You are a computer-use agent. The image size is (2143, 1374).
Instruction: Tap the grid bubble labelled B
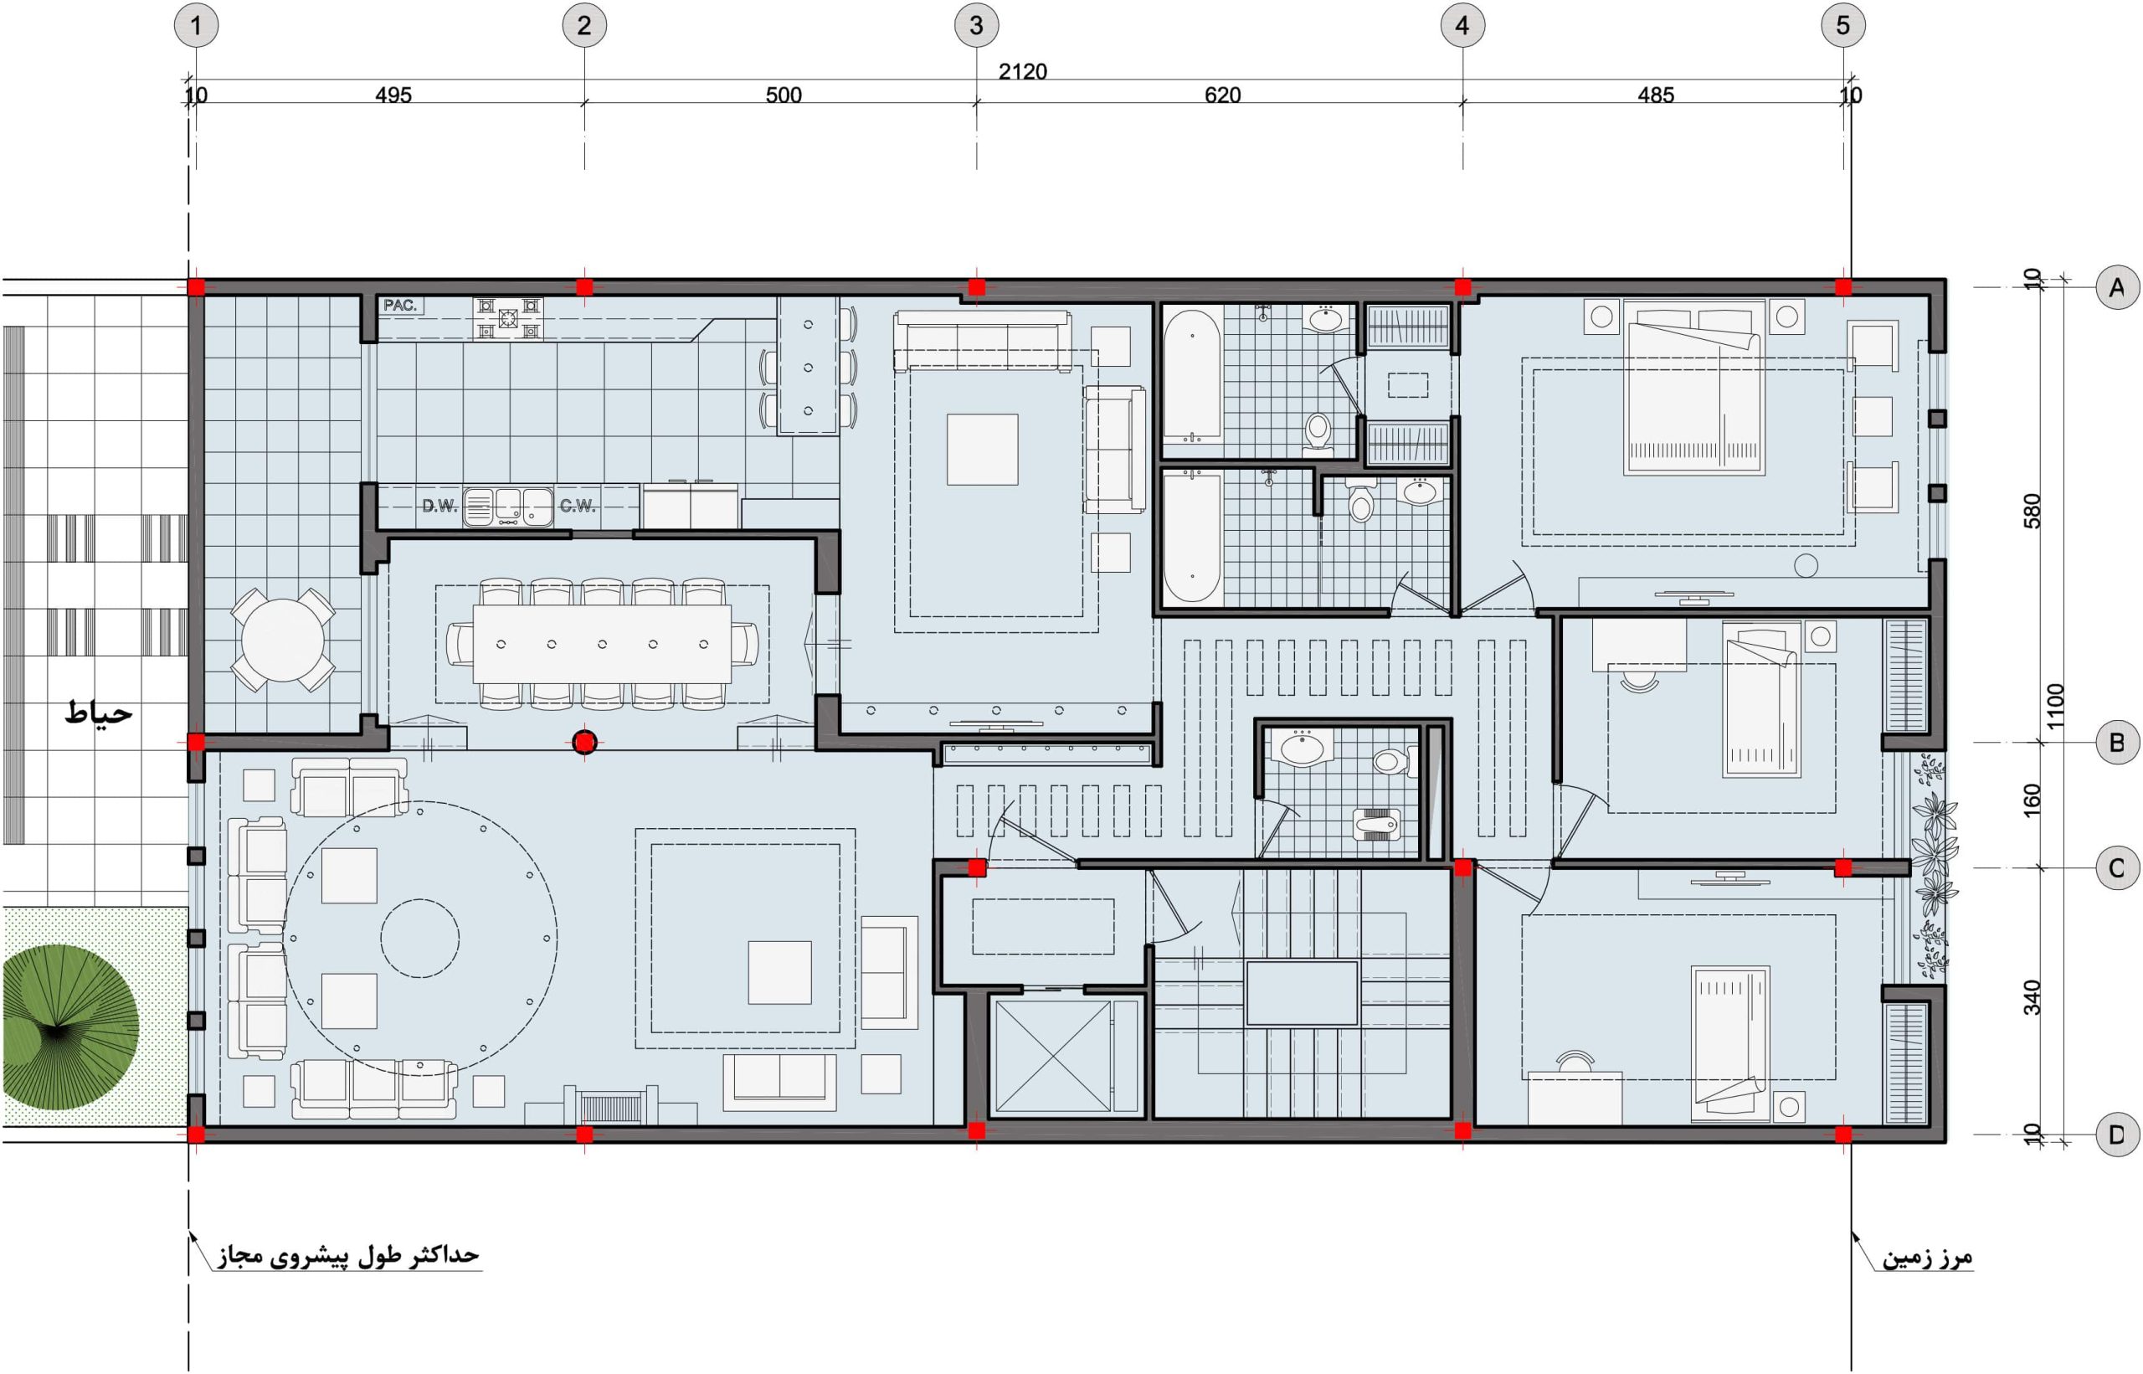click(2116, 743)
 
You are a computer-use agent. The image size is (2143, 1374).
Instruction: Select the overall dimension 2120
click(1022, 71)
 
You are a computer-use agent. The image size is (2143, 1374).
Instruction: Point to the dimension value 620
click(1222, 95)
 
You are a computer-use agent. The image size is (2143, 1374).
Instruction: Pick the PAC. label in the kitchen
click(400, 305)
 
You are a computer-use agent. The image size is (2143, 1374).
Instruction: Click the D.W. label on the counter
click(439, 506)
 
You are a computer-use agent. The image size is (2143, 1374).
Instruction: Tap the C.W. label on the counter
click(577, 506)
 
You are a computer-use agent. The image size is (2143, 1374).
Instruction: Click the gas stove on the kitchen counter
click(507, 317)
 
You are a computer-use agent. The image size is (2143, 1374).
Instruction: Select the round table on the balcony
click(283, 640)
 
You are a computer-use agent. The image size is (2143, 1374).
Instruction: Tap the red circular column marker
click(584, 743)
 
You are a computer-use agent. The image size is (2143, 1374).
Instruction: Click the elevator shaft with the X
click(1053, 1057)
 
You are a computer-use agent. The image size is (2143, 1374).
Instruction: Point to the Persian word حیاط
click(99, 713)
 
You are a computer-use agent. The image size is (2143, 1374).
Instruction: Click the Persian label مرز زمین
click(1926, 1258)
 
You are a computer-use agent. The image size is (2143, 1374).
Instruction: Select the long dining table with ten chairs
click(602, 644)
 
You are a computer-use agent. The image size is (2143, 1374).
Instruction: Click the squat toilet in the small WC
click(1376, 825)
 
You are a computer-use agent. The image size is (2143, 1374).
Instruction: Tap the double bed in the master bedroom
click(1695, 386)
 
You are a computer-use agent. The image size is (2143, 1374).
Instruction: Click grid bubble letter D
click(2116, 1135)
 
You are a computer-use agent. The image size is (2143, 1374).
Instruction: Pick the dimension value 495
click(393, 95)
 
